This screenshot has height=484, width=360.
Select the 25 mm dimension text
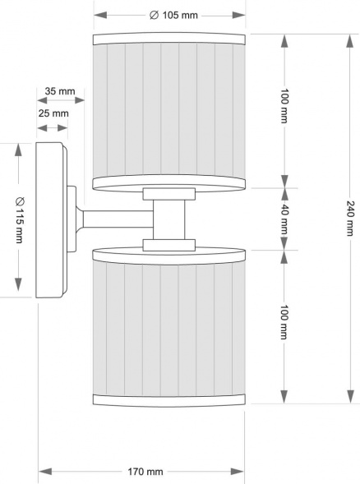(53, 113)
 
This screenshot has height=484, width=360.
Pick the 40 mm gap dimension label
(284, 219)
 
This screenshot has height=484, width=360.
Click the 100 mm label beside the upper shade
(284, 107)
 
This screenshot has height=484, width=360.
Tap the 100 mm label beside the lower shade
(284, 325)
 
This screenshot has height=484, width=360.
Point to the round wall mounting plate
(52, 220)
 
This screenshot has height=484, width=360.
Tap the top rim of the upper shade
(169, 39)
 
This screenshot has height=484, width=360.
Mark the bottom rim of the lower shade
(169, 399)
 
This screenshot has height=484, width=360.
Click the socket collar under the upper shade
(169, 194)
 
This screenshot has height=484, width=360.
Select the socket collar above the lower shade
(169, 244)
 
